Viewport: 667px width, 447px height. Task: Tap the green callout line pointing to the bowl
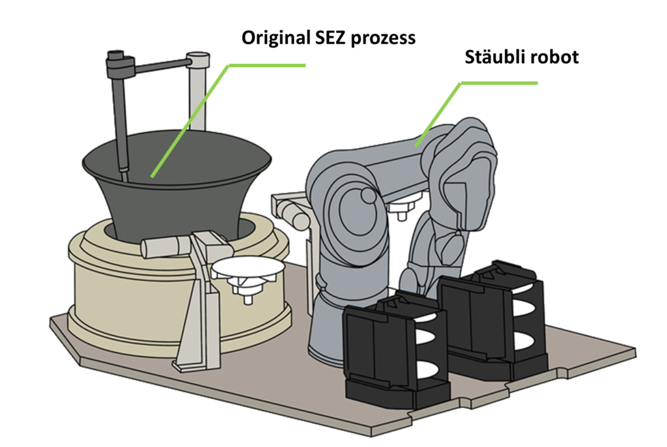coord(195,111)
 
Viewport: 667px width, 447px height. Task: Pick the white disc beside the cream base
coord(248,267)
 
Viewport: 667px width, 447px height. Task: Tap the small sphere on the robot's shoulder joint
coord(367,195)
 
